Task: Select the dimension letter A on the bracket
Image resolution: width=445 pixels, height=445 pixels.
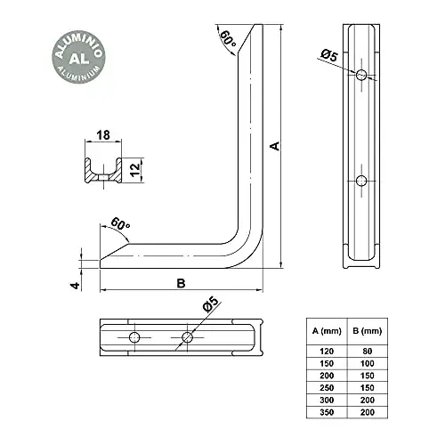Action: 275,147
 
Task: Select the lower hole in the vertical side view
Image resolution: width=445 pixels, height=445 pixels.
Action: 360,181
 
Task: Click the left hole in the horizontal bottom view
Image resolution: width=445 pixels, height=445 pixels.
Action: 134,337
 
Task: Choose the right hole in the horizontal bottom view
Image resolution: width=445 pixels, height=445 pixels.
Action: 187,337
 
